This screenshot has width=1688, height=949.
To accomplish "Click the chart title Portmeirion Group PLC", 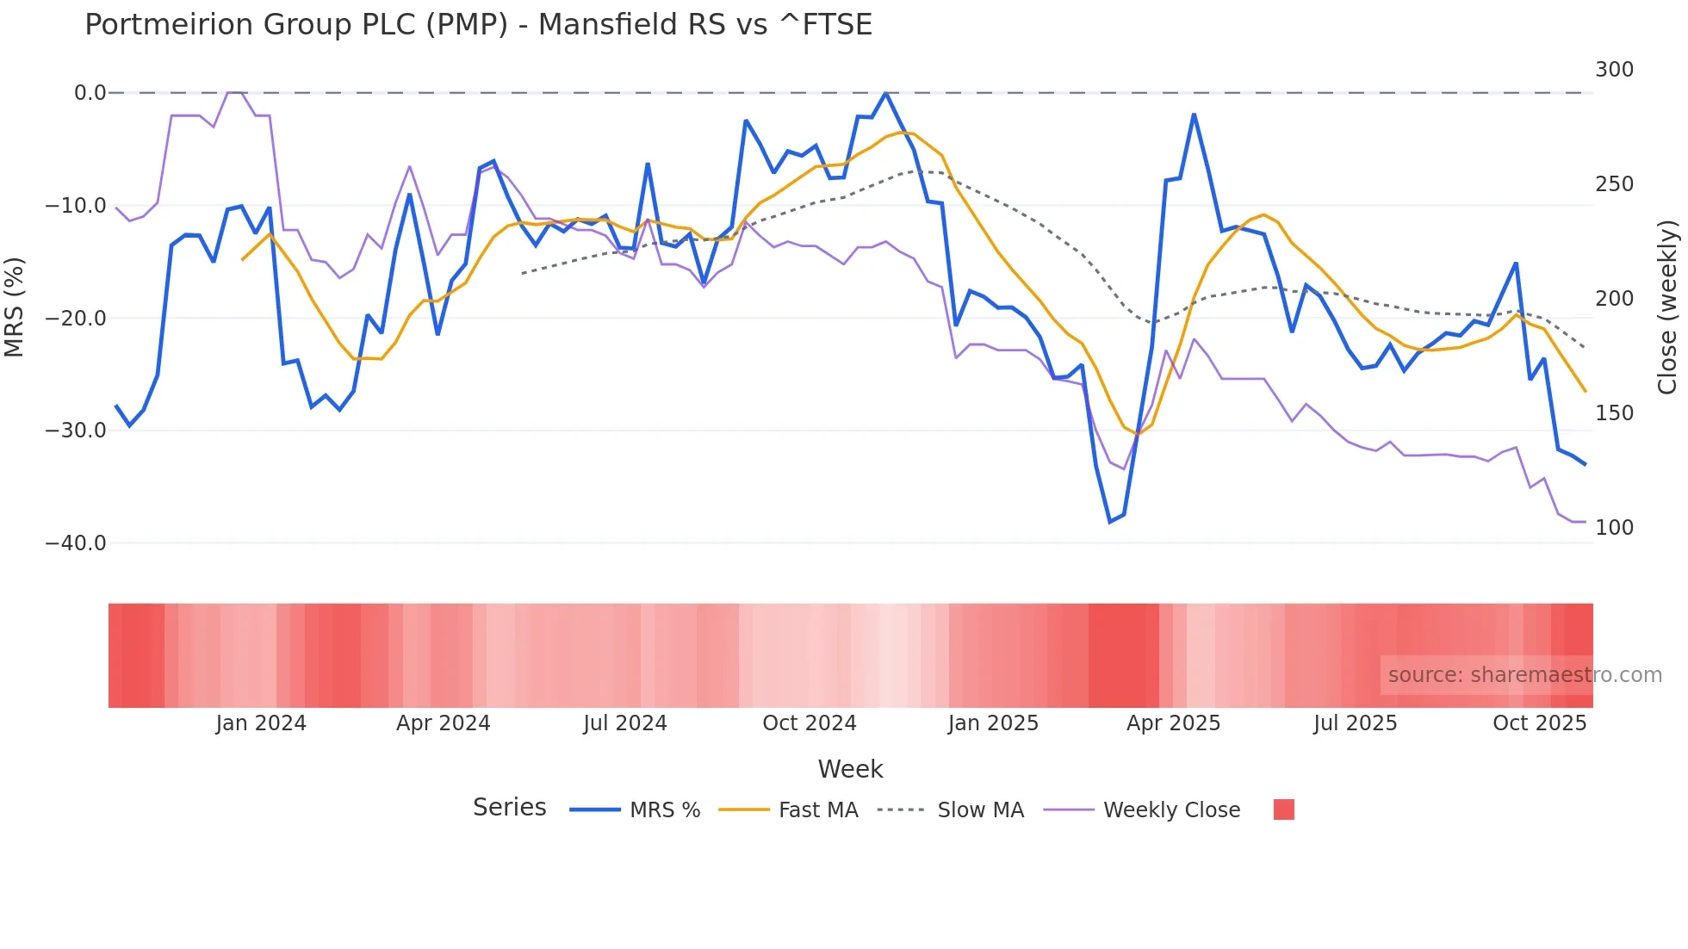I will click(478, 24).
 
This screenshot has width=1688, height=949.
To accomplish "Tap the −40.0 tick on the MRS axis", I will click(76, 543).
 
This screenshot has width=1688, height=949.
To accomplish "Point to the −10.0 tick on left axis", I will click(76, 206).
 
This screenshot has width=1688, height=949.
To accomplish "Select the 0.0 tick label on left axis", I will click(90, 93).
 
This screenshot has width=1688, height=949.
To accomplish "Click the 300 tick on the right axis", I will click(1614, 70).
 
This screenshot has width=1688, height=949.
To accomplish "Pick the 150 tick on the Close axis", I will click(1614, 413).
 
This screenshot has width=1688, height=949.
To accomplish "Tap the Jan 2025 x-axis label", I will click(993, 723).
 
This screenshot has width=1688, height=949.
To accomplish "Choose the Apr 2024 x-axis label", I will click(443, 723).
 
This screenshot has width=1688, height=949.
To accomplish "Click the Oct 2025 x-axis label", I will click(1539, 723).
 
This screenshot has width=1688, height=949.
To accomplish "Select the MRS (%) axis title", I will click(15, 307).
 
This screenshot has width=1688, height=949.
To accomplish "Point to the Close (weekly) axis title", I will click(1668, 307).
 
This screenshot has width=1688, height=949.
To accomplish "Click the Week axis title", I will click(850, 769).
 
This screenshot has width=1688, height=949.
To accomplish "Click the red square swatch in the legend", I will click(1283, 809).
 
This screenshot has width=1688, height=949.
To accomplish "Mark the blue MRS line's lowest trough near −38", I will click(1110, 522).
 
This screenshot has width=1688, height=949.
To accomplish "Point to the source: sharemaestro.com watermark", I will click(1524, 675).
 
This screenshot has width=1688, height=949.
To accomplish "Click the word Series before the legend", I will click(509, 808).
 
